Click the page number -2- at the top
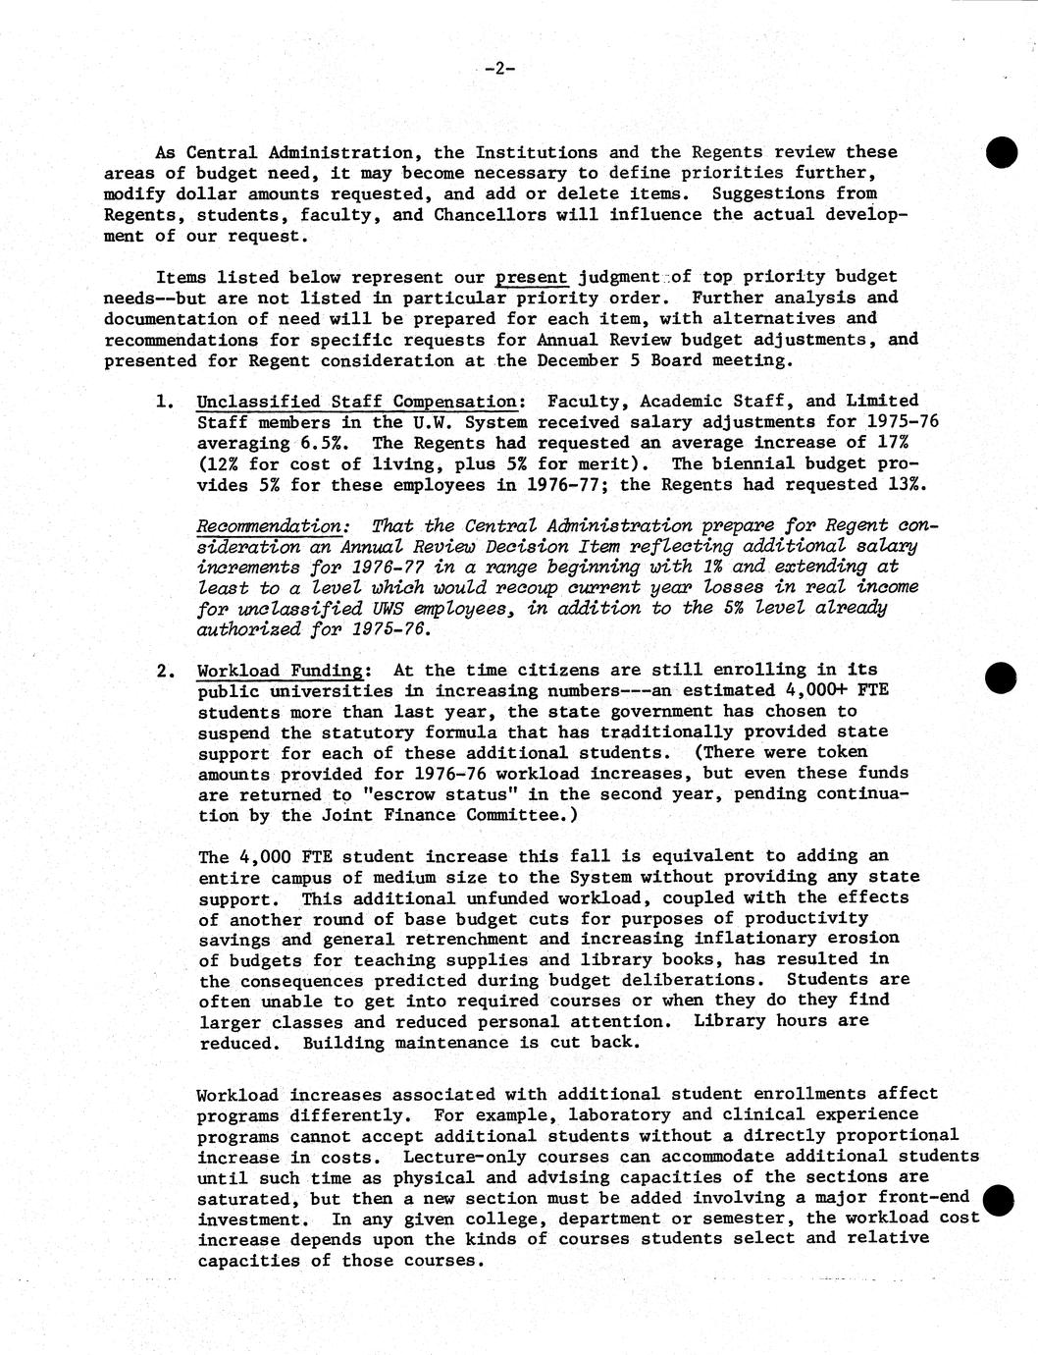pyautogui.click(x=499, y=69)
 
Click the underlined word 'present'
pyautogui.click(x=532, y=277)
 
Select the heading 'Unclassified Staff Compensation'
pyautogui.click(x=357, y=401)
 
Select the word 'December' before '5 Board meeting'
pyautogui.click(x=578, y=359)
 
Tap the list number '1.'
pyautogui.click(x=166, y=402)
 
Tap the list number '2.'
pyautogui.click(x=166, y=672)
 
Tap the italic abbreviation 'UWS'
pyautogui.click(x=348, y=608)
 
